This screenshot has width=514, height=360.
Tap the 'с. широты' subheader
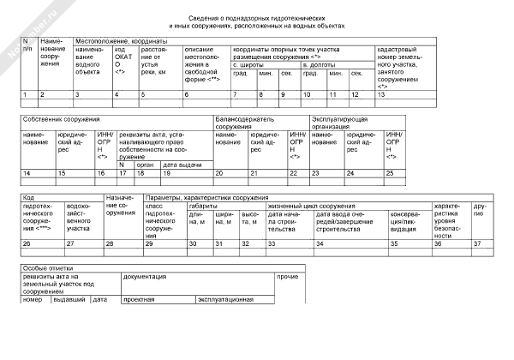click(x=249, y=64)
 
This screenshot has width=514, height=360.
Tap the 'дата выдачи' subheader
click(x=182, y=164)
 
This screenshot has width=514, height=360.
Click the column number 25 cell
click(x=391, y=173)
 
